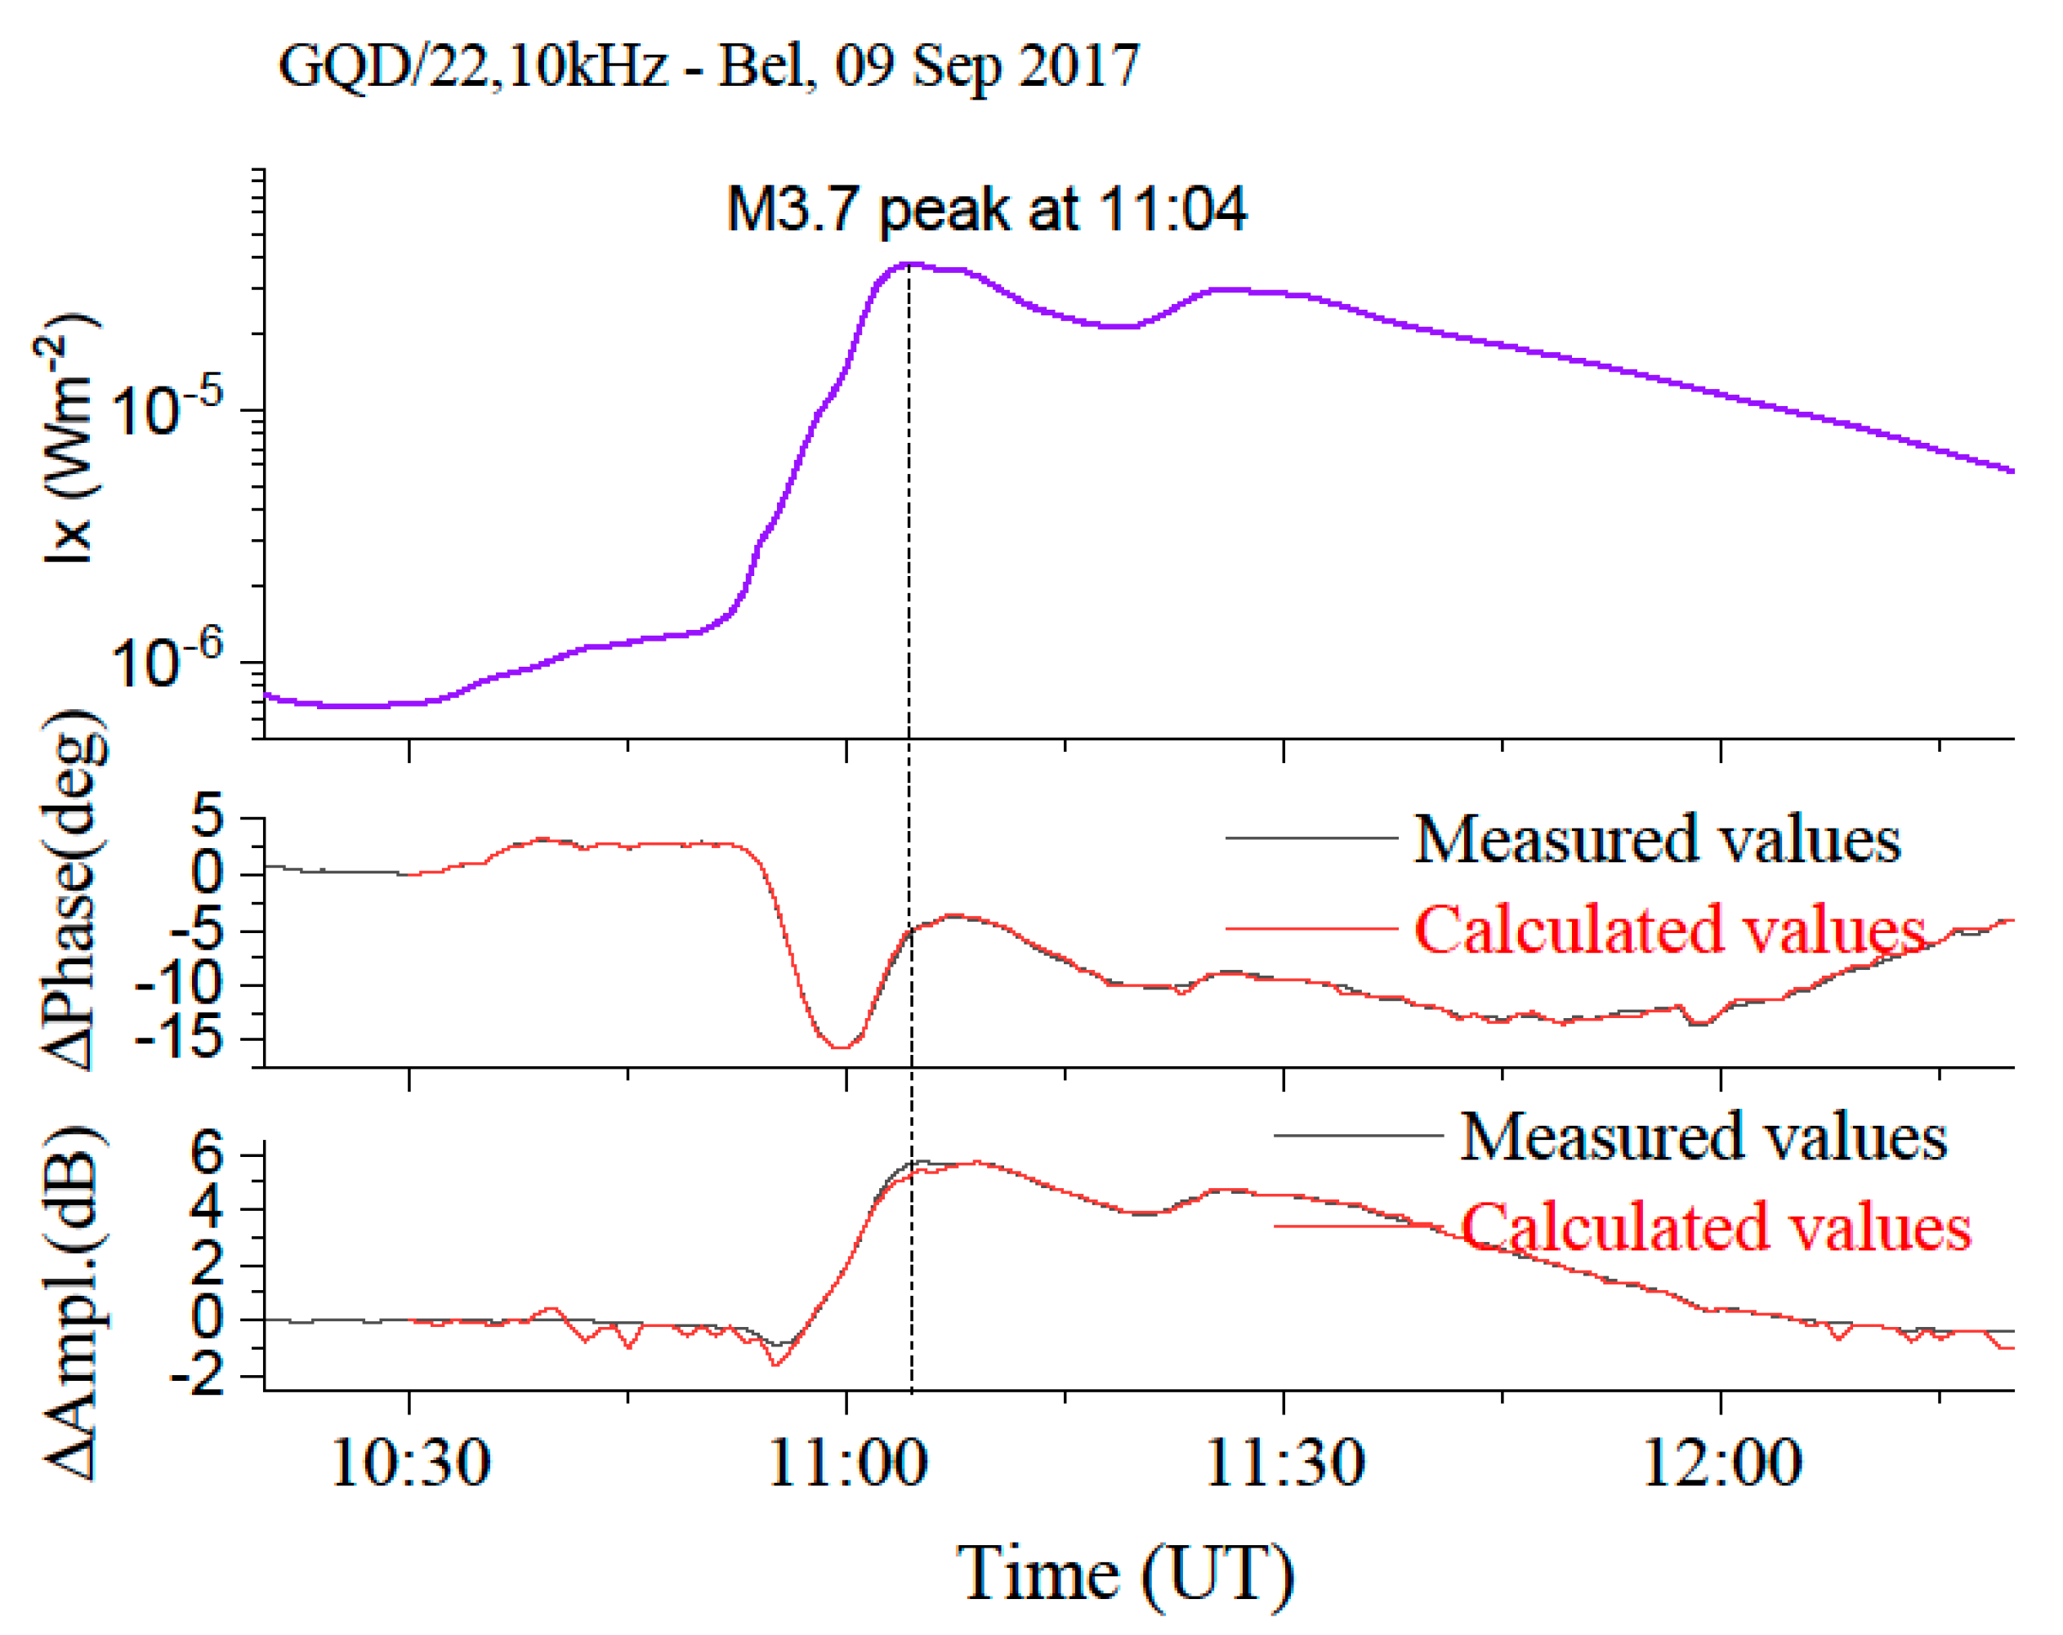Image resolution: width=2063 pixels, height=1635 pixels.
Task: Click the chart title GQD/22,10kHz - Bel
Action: coord(708,67)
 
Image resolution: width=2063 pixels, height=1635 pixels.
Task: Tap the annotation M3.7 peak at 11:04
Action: coord(986,209)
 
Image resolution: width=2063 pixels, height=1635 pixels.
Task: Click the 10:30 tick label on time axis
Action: coord(410,1463)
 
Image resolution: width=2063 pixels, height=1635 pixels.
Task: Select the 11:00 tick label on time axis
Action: coord(846,1463)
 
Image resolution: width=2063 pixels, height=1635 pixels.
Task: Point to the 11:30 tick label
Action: coord(1284,1463)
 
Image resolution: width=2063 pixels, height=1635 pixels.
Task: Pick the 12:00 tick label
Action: coord(1721,1463)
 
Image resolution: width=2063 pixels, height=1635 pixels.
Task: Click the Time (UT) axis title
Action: coord(1125,1574)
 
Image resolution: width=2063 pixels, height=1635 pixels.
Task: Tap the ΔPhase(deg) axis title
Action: coord(74,890)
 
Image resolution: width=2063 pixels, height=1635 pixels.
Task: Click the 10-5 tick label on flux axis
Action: coord(167,409)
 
